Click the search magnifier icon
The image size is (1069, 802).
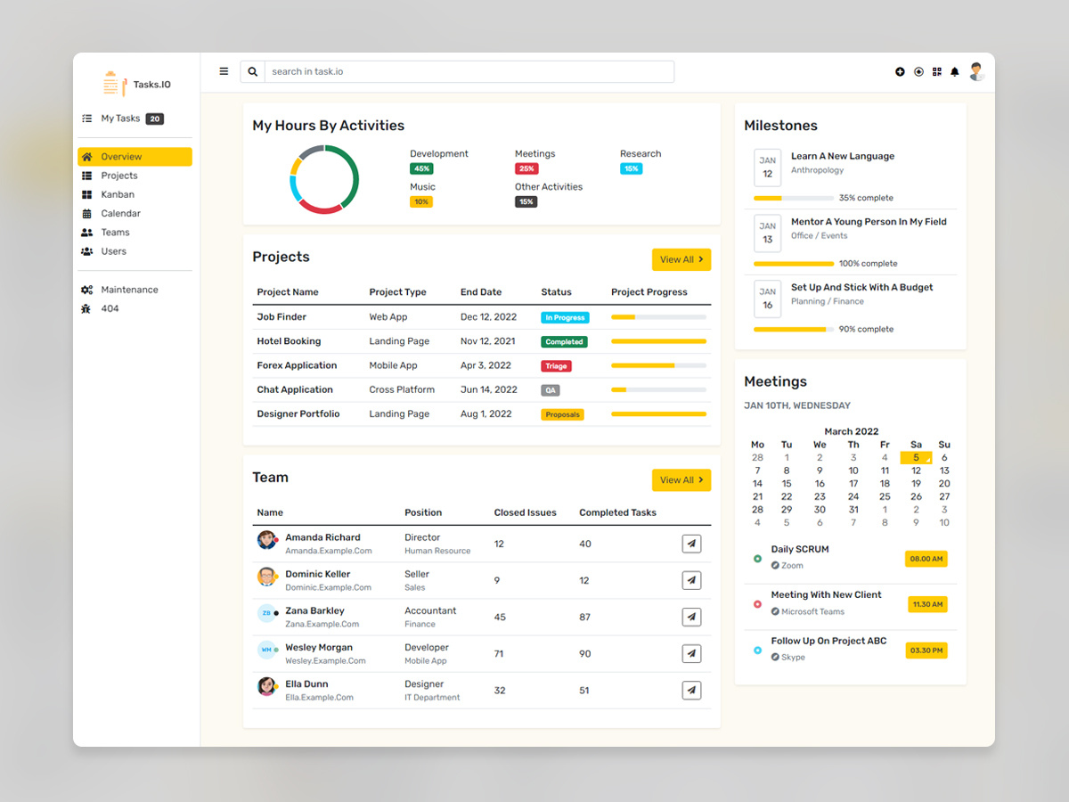tap(253, 72)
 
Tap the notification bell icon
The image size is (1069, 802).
tap(955, 72)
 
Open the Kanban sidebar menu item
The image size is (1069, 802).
tap(118, 194)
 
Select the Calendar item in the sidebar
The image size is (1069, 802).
tap(120, 214)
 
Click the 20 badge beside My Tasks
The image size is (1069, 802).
tap(155, 119)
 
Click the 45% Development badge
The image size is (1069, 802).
tap(421, 168)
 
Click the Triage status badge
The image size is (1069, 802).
tap(556, 366)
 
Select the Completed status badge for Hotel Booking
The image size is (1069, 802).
tap(564, 342)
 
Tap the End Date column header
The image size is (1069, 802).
tap(481, 292)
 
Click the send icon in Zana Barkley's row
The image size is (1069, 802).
tap(691, 617)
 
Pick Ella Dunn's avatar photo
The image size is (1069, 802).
tap(266, 686)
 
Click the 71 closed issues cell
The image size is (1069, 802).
tap(499, 654)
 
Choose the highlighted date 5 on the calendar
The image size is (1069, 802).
tap(916, 458)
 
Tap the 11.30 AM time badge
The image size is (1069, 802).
tap(927, 605)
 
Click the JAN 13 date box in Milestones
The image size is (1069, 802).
tap(767, 233)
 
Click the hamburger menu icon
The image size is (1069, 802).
tap(224, 72)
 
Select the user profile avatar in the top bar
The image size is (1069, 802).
tap(977, 72)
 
